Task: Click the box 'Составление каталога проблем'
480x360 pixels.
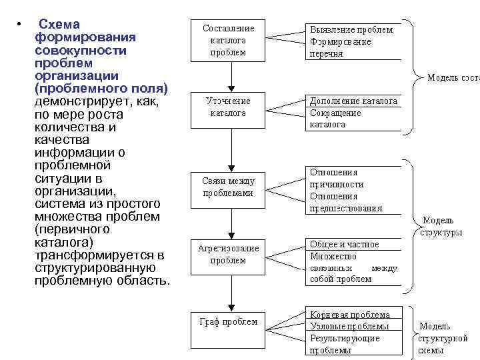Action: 228,40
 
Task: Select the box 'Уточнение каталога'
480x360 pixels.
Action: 228,107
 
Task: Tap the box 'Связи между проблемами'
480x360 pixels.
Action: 228,187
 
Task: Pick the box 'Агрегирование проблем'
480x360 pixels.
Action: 228,254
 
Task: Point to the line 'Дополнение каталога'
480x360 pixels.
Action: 353,101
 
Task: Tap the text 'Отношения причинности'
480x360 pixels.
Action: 337,178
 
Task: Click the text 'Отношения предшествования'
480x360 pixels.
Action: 346,202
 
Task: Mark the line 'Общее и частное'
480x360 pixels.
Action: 344,244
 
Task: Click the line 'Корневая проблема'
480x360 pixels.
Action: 350,314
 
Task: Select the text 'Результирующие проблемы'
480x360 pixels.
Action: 345,344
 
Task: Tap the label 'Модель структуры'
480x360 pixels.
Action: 441,227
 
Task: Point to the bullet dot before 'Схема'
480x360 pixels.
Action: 20,25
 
